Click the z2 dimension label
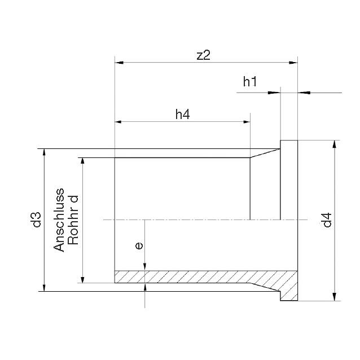[204, 55]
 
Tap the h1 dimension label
[250, 82]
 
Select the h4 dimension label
[183, 115]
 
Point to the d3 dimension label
[36, 219]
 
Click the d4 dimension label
[327, 220]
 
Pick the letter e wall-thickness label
[139, 246]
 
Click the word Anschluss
[59, 220]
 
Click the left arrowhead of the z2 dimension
[119, 63]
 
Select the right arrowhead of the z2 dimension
[293, 63]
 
